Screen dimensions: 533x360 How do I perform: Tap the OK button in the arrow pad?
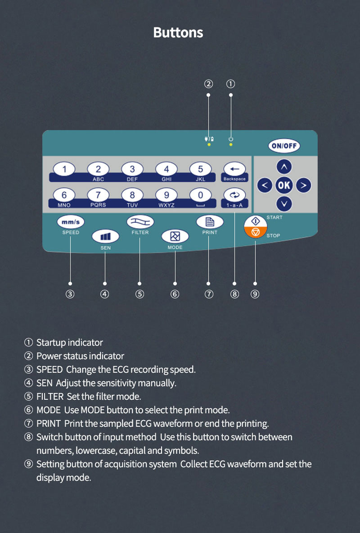[x=284, y=185]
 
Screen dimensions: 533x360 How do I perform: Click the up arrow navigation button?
[x=284, y=167]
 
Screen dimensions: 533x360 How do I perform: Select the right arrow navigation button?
[x=304, y=185]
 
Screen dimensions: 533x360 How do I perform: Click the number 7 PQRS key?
[x=98, y=195]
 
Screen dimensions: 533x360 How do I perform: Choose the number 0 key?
[x=201, y=195]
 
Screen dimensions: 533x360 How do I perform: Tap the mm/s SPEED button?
[x=71, y=222]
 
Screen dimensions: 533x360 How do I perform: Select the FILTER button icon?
[x=140, y=221]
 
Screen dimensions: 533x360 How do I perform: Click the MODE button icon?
[x=175, y=236]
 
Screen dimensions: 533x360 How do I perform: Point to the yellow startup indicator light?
[x=231, y=145]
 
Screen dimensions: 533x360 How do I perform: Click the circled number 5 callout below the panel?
[x=139, y=294]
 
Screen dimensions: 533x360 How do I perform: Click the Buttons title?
[x=178, y=32]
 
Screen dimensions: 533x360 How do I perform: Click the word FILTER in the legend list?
[x=50, y=397]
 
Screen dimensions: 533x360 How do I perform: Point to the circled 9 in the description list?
[x=29, y=464]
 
